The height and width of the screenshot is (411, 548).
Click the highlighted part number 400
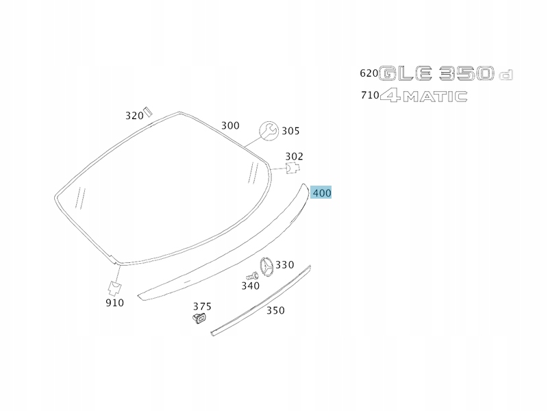click(321, 193)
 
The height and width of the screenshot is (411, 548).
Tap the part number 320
click(134, 116)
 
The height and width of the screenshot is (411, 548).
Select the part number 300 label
click(230, 125)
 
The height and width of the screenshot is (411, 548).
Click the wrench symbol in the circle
click(269, 131)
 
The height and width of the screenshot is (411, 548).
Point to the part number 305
click(290, 131)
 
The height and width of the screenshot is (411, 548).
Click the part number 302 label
click(295, 156)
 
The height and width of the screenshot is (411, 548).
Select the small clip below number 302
click(293, 168)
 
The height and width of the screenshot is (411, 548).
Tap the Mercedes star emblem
click(266, 269)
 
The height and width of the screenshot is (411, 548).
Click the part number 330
click(285, 265)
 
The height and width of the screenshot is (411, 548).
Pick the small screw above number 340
click(252, 277)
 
